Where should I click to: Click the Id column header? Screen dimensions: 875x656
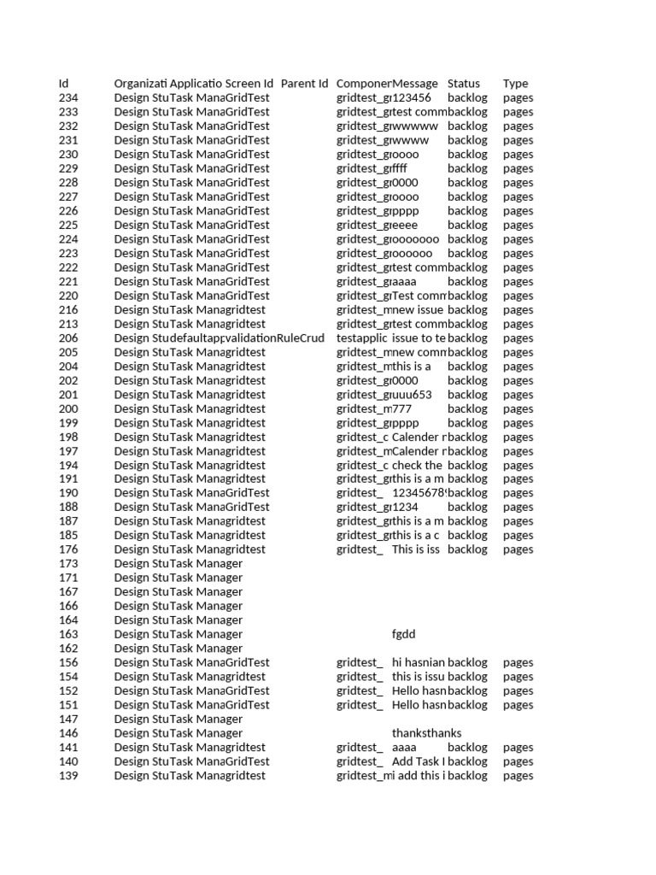click(x=63, y=84)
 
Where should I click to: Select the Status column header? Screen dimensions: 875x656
click(x=463, y=84)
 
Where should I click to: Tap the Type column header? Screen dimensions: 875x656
click(x=515, y=84)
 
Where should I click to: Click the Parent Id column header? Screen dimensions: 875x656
click(x=304, y=84)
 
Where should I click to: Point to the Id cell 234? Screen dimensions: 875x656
click(x=68, y=98)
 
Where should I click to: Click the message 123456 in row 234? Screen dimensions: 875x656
click(x=413, y=98)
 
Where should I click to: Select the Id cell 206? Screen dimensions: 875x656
click(x=68, y=338)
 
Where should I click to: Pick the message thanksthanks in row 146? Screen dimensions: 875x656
click(x=426, y=733)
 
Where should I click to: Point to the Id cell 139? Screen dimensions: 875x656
click(x=68, y=776)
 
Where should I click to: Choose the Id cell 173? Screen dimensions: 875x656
click(x=68, y=564)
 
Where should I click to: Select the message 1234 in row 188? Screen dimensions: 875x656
click(x=406, y=508)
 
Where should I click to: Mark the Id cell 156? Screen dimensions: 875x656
click(x=68, y=662)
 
